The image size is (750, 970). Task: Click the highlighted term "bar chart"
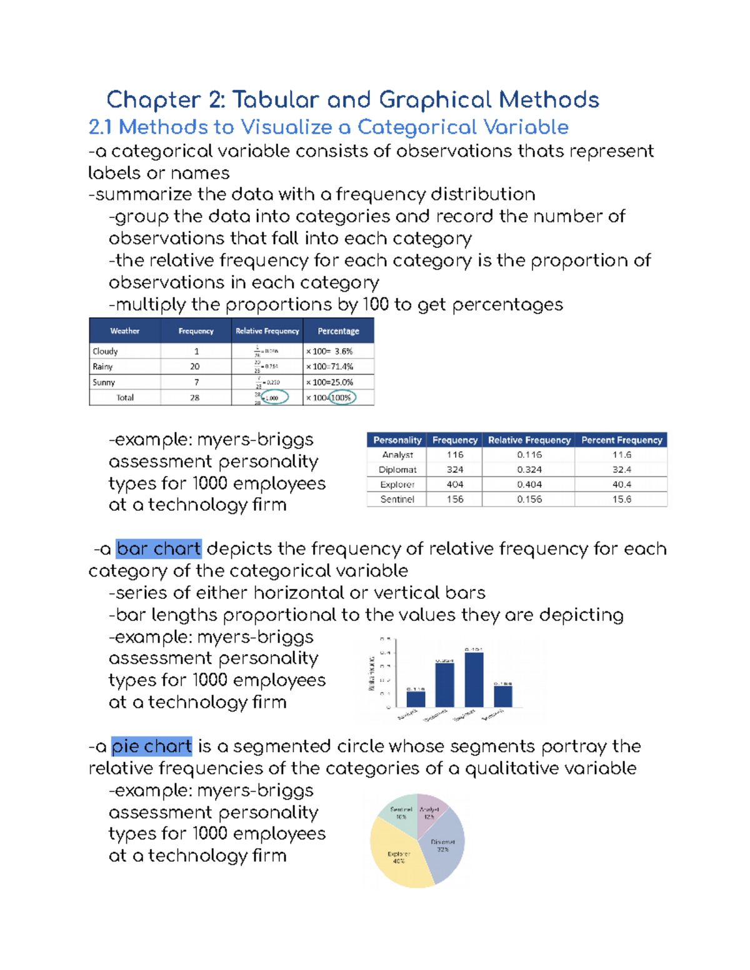[159, 548]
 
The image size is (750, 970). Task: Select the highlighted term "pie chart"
[151, 746]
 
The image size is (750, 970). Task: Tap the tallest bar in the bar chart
[474, 680]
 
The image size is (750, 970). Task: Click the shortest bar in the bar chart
[416, 699]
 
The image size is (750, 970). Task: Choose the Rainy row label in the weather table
[102, 367]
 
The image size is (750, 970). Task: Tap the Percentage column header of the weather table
[338, 331]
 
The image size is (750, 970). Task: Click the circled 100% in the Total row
[341, 398]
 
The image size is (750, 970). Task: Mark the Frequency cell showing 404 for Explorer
[455, 485]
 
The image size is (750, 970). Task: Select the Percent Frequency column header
[621, 440]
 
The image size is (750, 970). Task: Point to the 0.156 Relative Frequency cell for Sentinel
[529, 499]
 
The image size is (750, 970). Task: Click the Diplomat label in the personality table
[397, 470]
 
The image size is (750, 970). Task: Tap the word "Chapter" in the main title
[153, 100]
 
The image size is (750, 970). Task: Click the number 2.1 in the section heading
[100, 127]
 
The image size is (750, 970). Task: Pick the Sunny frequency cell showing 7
[196, 382]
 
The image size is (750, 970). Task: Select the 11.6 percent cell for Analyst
[621, 455]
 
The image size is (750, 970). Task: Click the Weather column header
[125, 331]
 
